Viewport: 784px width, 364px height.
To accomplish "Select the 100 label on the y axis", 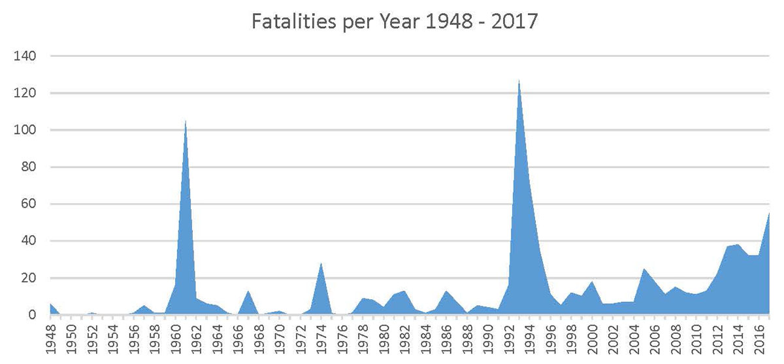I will click(24, 131).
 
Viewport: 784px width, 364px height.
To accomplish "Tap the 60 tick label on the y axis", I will click(27, 205).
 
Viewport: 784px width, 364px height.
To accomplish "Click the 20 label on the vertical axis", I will click(27, 278).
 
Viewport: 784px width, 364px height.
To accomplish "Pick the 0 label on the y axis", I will click(31, 315).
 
